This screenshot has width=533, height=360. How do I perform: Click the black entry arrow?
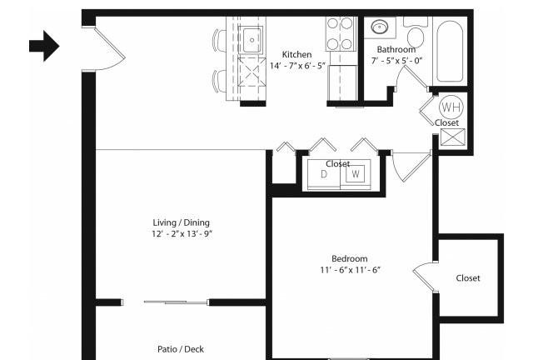pyautogui.click(x=44, y=46)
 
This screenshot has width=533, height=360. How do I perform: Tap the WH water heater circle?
pyautogui.click(x=451, y=107)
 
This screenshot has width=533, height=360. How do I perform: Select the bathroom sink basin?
pyautogui.click(x=380, y=27)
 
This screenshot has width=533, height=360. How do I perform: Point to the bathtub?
pyautogui.click(x=450, y=50)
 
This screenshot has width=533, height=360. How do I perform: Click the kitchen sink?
pyautogui.click(x=252, y=40)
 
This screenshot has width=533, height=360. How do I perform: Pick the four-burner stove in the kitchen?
pyautogui.click(x=340, y=34)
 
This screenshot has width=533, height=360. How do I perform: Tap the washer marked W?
pyautogui.click(x=356, y=174)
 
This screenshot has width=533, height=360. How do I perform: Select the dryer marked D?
pyautogui.click(x=324, y=174)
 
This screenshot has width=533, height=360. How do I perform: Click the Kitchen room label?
pyautogui.click(x=296, y=54)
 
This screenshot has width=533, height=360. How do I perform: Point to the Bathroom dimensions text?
pyautogui.click(x=396, y=61)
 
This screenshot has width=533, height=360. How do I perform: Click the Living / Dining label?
pyautogui.click(x=182, y=222)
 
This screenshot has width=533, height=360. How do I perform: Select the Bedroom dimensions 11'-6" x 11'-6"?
pyautogui.click(x=350, y=270)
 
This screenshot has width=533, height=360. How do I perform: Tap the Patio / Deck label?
pyautogui.click(x=181, y=349)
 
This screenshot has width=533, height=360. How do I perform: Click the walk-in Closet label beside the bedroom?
pyautogui.click(x=468, y=278)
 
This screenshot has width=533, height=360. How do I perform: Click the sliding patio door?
pyautogui.click(x=176, y=302)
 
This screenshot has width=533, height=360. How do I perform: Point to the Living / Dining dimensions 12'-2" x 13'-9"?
pyautogui.click(x=182, y=234)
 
